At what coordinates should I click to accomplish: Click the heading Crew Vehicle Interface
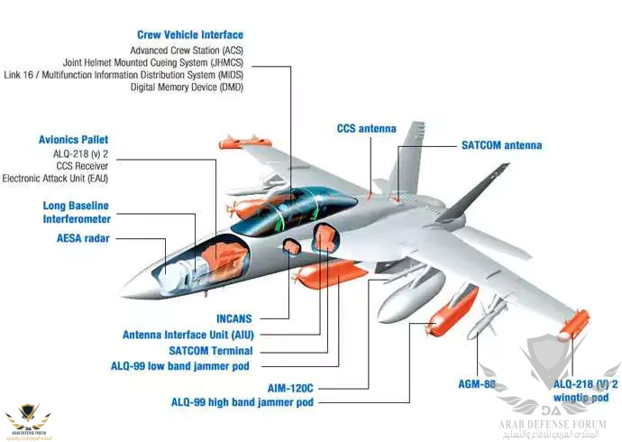tap(189, 34)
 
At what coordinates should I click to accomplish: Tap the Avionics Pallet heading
tap(73, 140)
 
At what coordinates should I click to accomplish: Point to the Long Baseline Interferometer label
tap(77, 212)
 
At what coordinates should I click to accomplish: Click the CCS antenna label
tap(366, 129)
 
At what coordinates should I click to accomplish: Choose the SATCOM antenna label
tap(501, 145)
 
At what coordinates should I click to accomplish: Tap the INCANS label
tap(233, 318)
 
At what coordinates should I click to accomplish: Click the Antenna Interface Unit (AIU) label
tap(188, 335)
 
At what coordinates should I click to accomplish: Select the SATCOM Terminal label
tap(210, 351)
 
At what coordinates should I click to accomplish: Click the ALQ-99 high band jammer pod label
tap(242, 402)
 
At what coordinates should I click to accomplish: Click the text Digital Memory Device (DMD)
tap(187, 87)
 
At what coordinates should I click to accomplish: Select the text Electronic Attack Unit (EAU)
tap(55, 179)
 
